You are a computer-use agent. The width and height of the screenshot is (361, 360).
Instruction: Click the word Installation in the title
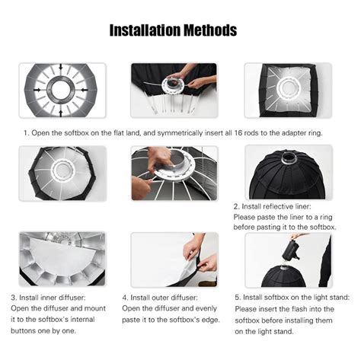click(x=145, y=30)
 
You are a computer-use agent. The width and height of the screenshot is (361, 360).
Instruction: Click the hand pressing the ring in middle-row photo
click(x=160, y=158)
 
